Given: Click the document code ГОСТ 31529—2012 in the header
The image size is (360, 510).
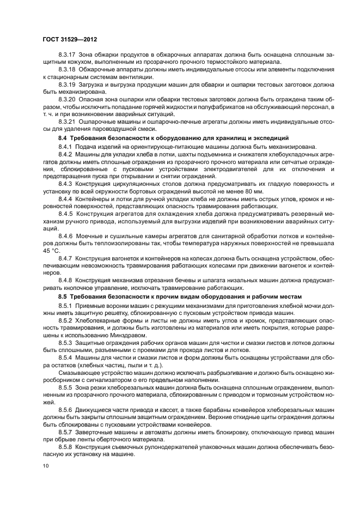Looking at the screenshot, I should pos(69,40).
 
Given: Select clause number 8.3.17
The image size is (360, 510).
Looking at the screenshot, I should pos(68,57).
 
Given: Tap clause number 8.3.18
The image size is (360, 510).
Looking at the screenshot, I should pos(68,71).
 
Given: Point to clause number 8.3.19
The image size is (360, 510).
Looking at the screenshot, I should pos(68,86).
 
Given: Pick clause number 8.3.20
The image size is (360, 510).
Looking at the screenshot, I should pos(68,100).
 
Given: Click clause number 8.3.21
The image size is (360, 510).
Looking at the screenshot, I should pos(68,122).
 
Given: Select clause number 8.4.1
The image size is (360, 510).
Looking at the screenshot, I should pos(65,147).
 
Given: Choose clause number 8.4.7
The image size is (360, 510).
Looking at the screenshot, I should pos(65,258).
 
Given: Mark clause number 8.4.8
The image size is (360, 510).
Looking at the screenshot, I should pos(65,280).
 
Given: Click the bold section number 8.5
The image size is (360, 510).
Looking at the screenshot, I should pos(64,296).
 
